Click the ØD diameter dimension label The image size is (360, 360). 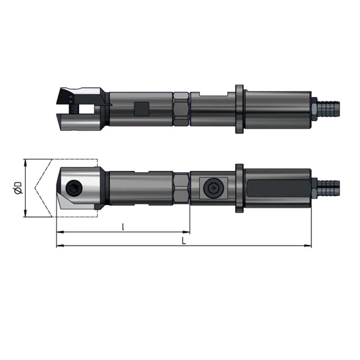[x=18, y=188]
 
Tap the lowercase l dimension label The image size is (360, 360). [x=123, y=227]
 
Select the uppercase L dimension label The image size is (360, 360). [x=184, y=241]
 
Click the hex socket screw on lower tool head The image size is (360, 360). [x=74, y=188]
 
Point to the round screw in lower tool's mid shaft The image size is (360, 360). [x=213, y=188]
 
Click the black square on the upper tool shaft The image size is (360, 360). [x=142, y=109]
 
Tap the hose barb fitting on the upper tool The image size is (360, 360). [x=326, y=109]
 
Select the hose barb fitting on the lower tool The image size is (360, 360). [x=326, y=189]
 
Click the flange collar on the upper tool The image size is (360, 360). [x=239, y=109]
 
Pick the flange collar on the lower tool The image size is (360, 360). [x=239, y=188]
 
